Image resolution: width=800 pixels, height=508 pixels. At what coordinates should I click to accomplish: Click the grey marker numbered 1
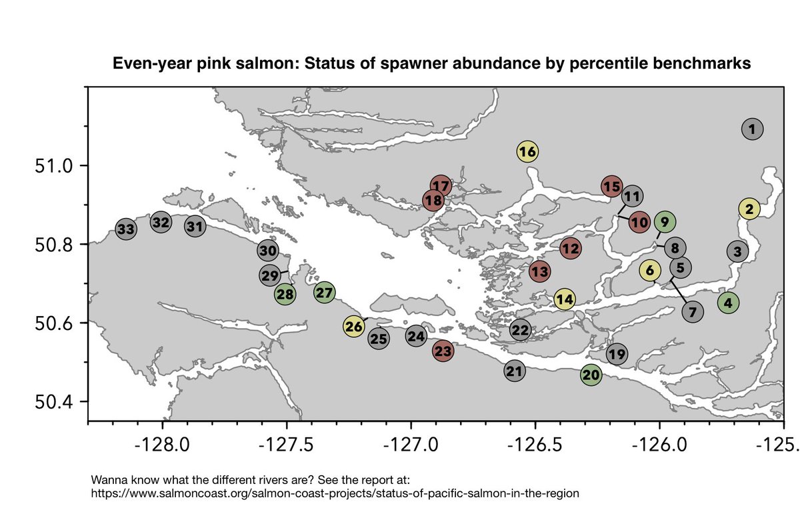coord(752,129)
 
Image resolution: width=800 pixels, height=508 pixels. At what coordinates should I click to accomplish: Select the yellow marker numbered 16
coord(527,152)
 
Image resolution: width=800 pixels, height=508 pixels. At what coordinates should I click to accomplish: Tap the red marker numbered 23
coord(443,351)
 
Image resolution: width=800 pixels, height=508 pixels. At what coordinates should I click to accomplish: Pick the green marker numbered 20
coord(591,375)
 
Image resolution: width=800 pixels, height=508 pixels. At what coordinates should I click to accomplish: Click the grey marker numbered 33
coord(126,230)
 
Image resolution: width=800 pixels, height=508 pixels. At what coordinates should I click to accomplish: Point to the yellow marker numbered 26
coord(355,326)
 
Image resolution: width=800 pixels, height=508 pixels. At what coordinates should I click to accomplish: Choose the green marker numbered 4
coord(728,303)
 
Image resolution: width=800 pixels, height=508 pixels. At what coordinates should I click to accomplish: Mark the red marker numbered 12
coord(570,249)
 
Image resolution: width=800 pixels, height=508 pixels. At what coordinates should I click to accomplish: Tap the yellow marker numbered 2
coord(749,209)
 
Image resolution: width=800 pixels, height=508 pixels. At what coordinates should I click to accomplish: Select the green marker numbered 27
coord(324,292)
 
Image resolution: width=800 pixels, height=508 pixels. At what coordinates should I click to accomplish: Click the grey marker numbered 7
coord(693,311)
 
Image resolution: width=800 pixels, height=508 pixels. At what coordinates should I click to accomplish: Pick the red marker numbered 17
coord(441,185)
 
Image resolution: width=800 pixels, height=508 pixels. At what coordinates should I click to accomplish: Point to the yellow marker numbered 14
coord(565,299)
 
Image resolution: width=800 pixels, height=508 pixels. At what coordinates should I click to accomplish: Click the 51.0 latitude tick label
coord(51,165)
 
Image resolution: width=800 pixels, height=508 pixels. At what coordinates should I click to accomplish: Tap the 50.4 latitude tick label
coord(51,402)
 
